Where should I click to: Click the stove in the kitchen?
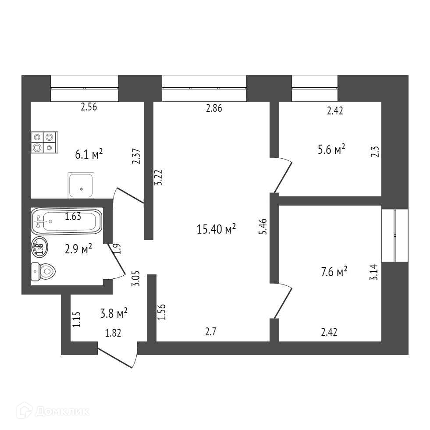click(x=44, y=143)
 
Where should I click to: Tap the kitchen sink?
click(x=81, y=185)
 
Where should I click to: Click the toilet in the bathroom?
click(x=43, y=272)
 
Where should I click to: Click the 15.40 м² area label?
click(x=217, y=229)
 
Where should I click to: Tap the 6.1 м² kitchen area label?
click(x=89, y=154)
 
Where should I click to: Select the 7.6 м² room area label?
click(x=334, y=273)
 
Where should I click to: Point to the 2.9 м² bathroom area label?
click(x=78, y=249)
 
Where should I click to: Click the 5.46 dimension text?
click(x=263, y=227)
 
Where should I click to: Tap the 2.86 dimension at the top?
click(x=214, y=109)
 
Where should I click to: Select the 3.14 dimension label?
click(x=373, y=272)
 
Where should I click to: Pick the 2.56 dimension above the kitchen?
click(x=89, y=107)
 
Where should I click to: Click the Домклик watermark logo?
click(x=53, y=411)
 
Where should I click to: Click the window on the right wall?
click(x=395, y=235)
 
